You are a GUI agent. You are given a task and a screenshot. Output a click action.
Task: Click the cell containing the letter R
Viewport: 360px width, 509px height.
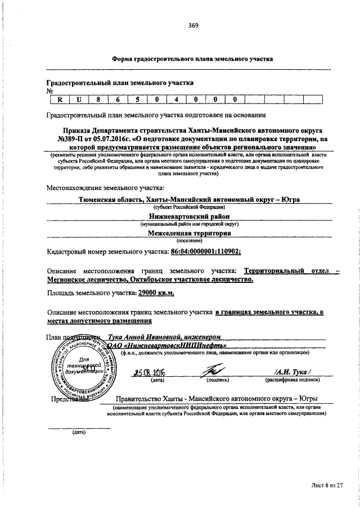point(59,100)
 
